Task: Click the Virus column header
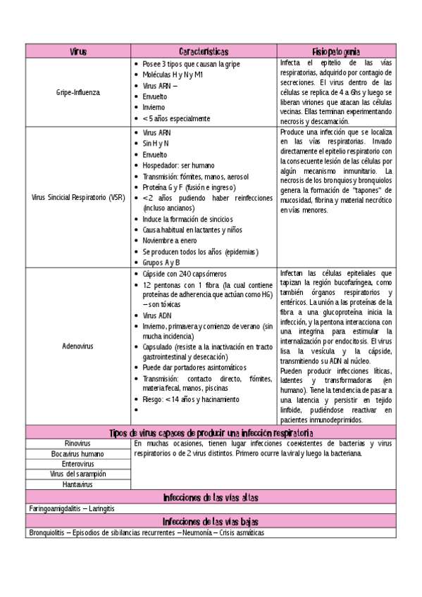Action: [x=78, y=51]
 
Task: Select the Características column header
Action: [x=204, y=51]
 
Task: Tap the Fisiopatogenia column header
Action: [x=336, y=51]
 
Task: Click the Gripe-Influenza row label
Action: [x=78, y=92]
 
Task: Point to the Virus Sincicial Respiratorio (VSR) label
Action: [x=78, y=197]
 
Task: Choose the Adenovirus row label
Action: [x=78, y=346]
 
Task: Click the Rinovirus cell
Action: [x=78, y=444]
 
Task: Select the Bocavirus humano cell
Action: [x=78, y=454]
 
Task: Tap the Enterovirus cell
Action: [x=78, y=464]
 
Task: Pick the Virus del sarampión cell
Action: [x=78, y=474]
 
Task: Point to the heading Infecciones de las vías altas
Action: [x=210, y=497]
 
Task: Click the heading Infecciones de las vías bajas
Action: [x=210, y=522]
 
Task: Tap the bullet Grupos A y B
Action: [x=161, y=262]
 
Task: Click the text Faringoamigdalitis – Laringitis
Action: [x=72, y=508]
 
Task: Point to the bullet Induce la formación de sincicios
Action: [x=187, y=219]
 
